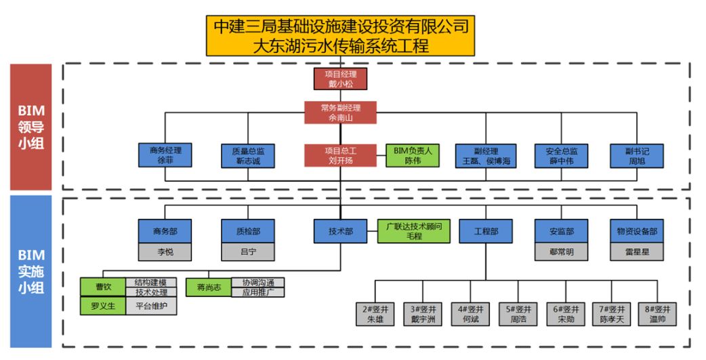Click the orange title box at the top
tap(340, 36)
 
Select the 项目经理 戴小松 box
tap(341, 79)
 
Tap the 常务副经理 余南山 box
tap(341, 113)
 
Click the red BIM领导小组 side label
tap(30, 127)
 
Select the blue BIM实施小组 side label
tap(30, 271)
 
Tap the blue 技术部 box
tap(341, 231)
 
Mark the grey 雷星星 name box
tap(637, 252)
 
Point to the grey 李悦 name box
tap(165, 252)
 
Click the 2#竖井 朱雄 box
tap(375, 314)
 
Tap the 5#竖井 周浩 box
tap(518, 314)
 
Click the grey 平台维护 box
tap(151, 306)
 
